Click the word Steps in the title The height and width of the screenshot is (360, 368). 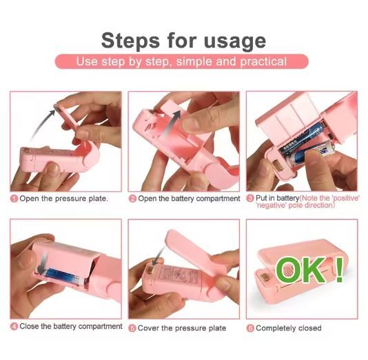coord(130,41)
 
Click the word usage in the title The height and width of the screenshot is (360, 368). coord(235,42)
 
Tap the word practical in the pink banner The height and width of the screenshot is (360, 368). coord(263,62)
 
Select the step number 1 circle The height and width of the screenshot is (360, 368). coord(14,199)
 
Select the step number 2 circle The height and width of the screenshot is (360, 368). coord(132,199)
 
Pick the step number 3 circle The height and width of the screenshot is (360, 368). coord(250,198)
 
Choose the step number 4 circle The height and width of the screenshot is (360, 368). coord(14,326)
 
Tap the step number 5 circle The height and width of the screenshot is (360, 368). coord(132,328)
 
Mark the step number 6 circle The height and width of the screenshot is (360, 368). coord(250,328)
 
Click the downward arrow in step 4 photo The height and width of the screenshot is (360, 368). coord(43,262)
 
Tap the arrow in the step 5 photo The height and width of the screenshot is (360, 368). coord(158,258)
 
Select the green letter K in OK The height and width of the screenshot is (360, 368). coord(313,270)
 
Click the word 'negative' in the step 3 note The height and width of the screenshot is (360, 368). coord(272,206)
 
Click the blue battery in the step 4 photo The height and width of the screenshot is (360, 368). coord(64,276)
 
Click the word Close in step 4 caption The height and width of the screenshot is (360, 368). coord(30,326)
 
